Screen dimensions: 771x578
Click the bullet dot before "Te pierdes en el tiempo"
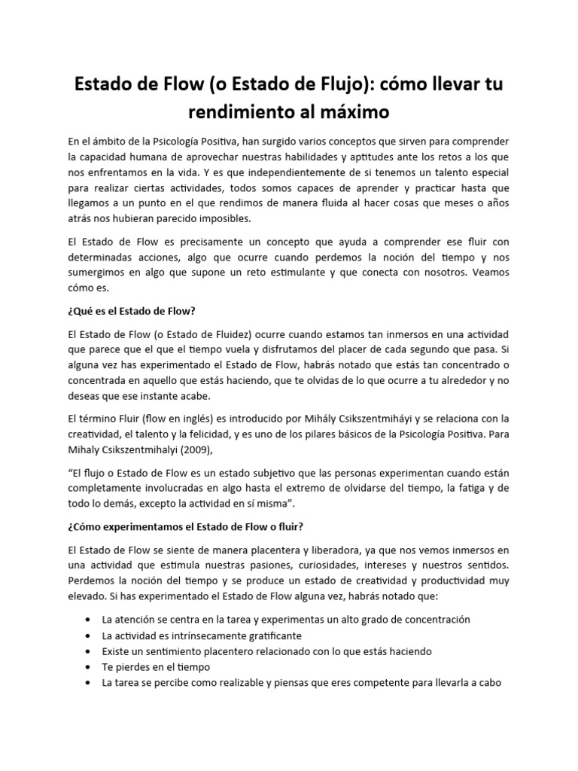[89, 667]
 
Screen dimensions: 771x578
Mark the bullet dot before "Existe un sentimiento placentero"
[89, 651]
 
